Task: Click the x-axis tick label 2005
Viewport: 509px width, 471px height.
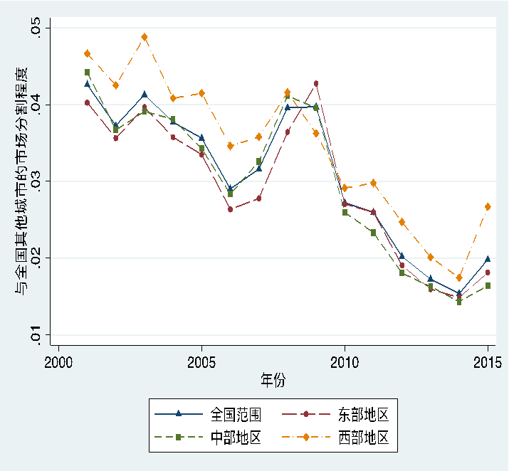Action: coord(201,362)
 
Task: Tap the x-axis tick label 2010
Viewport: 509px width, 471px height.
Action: coord(345,362)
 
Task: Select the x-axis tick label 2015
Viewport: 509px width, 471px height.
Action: coord(487,362)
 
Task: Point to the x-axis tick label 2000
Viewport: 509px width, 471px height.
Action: coord(58,362)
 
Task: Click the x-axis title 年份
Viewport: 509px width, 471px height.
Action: coord(273,381)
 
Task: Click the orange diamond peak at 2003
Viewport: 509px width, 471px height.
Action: coord(145,37)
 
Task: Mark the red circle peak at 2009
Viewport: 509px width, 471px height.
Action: coord(316,84)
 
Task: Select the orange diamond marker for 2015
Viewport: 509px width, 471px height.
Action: coord(488,206)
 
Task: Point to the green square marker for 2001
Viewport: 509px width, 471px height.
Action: coord(87,73)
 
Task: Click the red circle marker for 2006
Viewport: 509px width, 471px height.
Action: coord(230,209)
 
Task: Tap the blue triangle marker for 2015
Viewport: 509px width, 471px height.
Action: coord(488,259)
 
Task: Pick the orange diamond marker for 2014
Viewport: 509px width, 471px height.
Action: coord(459,277)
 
